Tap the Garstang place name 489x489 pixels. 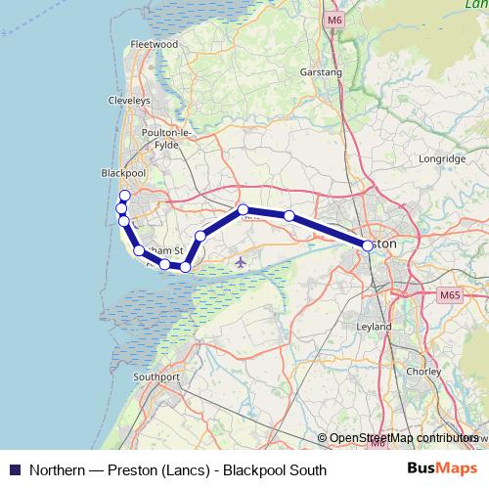323,72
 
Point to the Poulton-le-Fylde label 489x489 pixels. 170,140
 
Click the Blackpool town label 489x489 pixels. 123,172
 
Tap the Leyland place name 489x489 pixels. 375,326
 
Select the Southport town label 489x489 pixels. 157,377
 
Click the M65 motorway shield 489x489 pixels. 449,295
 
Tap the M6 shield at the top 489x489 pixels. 336,20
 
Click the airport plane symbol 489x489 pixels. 241,261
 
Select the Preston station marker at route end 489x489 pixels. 368,246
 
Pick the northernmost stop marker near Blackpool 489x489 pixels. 124,196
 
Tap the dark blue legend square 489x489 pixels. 14,469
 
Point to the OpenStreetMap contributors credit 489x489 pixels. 402,439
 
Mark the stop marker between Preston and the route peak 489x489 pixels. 289,215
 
